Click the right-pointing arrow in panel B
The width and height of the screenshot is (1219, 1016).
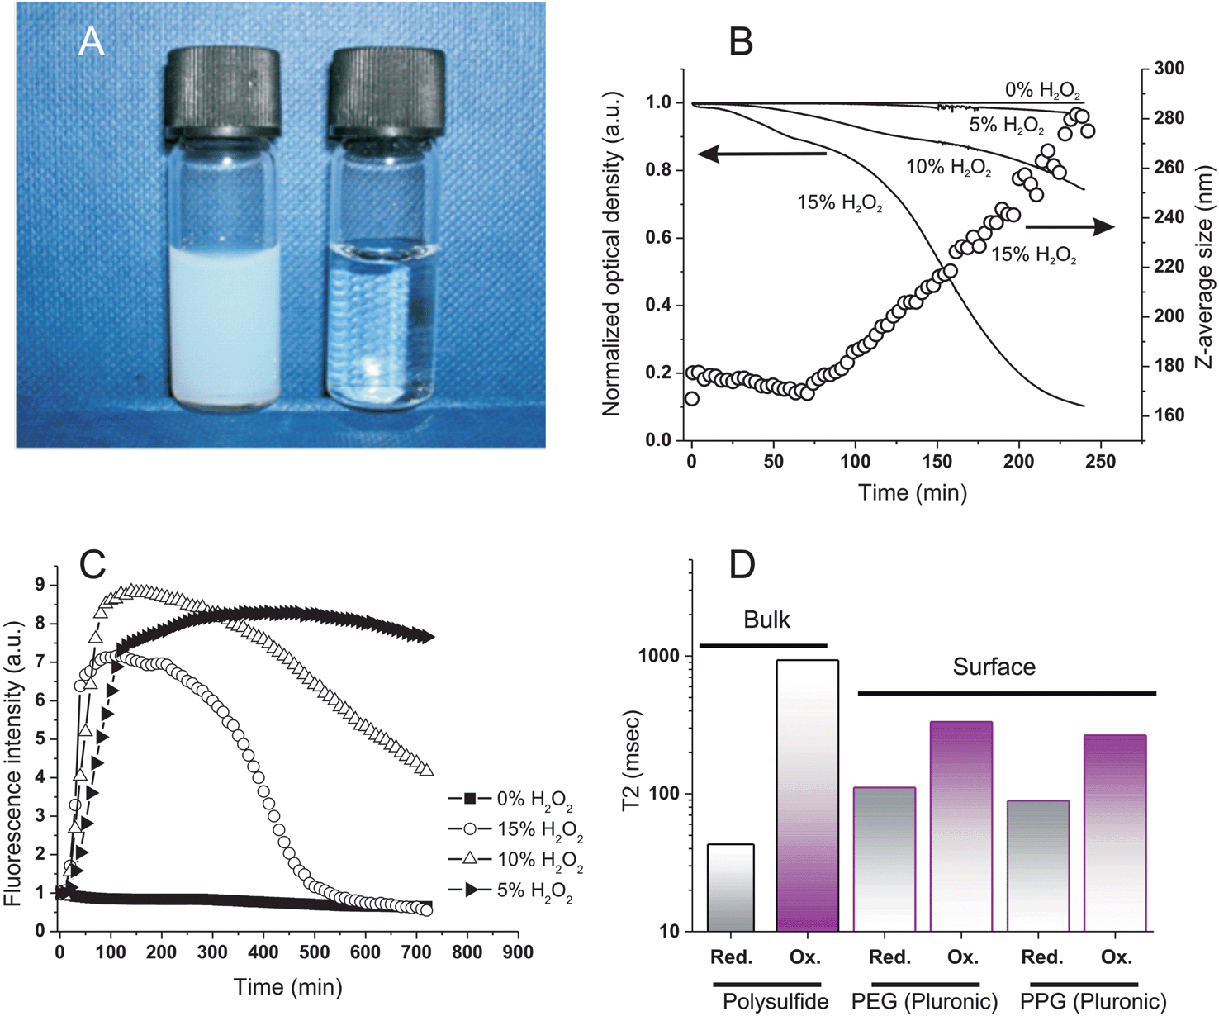(1070, 226)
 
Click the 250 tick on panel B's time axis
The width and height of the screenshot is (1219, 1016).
(1099, 462)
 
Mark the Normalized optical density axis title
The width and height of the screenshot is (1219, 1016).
(611, 253)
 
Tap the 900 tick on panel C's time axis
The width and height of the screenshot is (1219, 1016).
(518, 952)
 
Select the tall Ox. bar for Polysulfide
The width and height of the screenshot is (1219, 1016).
(807, 795)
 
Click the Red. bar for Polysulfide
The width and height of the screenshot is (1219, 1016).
(730, 887)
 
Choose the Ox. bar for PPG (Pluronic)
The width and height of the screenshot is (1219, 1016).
(1114, 833)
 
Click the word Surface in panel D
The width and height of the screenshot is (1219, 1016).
(994, 667)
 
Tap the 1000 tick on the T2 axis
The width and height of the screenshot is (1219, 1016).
(657, 656)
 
